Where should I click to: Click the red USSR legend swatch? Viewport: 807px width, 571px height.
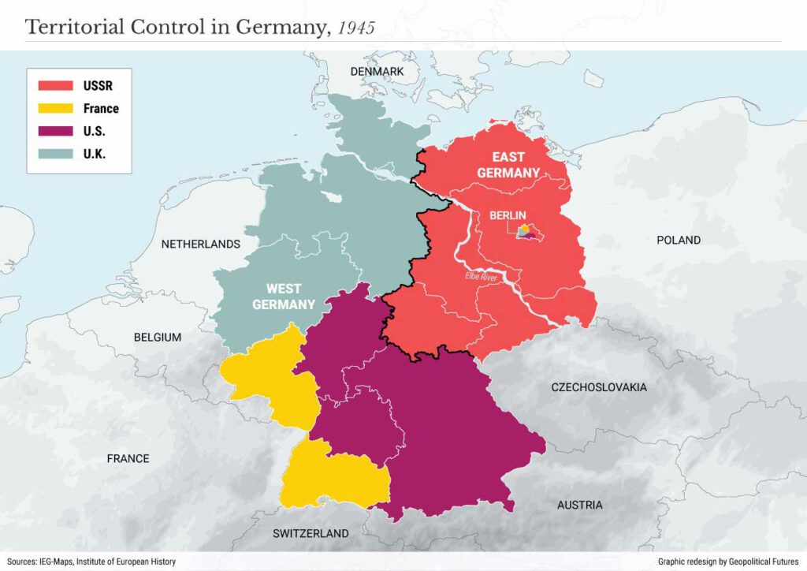pos(56,85)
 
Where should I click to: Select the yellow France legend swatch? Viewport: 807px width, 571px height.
pos(56,108)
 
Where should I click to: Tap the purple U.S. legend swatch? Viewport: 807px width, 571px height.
pos(56,132)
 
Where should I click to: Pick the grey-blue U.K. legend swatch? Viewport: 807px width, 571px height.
pos(56,155)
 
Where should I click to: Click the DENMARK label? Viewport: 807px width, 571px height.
pos(377,72)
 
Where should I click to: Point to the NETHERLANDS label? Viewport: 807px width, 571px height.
pos(200,244)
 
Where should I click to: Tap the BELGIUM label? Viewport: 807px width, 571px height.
pos(157,338)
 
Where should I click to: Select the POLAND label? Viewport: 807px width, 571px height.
pos(678,240)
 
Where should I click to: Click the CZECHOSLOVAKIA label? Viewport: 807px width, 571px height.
pos(599,387)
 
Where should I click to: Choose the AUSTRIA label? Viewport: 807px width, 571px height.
pos(579,505)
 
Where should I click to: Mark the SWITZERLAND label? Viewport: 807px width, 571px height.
pos(311,534)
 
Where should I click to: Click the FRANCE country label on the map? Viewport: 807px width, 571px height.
pos(128,458)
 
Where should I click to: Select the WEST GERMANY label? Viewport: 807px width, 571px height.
pos(290,297)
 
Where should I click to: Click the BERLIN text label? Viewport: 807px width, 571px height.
pos(508,215)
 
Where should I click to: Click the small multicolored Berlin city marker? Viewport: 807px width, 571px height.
pos(526,232)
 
